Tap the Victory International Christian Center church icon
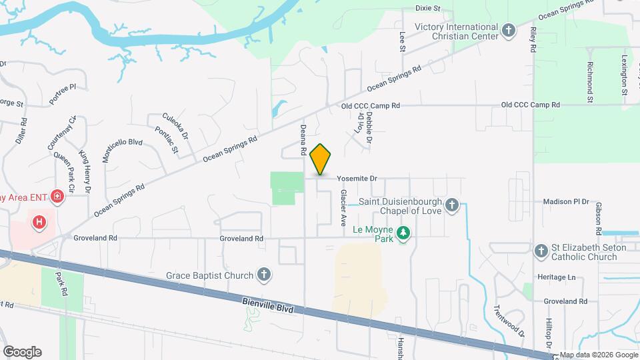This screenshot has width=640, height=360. [x=509, y=31]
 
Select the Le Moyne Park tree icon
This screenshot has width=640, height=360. [x=403, y=233]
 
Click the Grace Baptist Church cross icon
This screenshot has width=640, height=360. [x=264, y=275]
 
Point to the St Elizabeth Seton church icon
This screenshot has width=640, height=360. [x=541, y=251]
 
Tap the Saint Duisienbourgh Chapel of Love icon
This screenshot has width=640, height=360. [x=453, y=205]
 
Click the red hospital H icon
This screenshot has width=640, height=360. [x=39, y=221]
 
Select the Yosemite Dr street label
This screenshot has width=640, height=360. [x=357, y=179]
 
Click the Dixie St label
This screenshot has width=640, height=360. [x=428, y=9]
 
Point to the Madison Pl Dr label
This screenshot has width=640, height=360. [x=567, y=201]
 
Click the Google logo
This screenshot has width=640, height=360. [x=22, y=352]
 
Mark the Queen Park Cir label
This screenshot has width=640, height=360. [x=66, y=170]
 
